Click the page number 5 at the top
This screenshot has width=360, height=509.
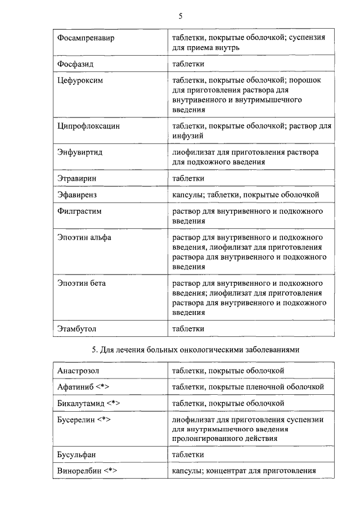180,16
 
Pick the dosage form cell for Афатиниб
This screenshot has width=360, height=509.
248,387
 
